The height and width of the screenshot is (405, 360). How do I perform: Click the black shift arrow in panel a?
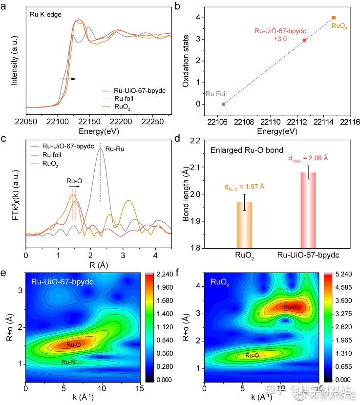(x=68, y=78)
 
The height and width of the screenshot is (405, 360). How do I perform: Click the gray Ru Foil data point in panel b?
(x=223, y=104)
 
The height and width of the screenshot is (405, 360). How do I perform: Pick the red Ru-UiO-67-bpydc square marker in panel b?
(x=304, y=40)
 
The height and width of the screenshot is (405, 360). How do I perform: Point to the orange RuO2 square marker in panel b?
(x=334, y=18)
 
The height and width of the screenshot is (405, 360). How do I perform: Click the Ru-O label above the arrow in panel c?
(x=74, y=180)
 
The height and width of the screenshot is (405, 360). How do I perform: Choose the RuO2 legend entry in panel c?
(x=51, y=165)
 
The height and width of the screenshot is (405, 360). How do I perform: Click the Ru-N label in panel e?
(x=68, y=362)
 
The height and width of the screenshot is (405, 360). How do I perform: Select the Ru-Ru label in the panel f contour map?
(x=291, y=307)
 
